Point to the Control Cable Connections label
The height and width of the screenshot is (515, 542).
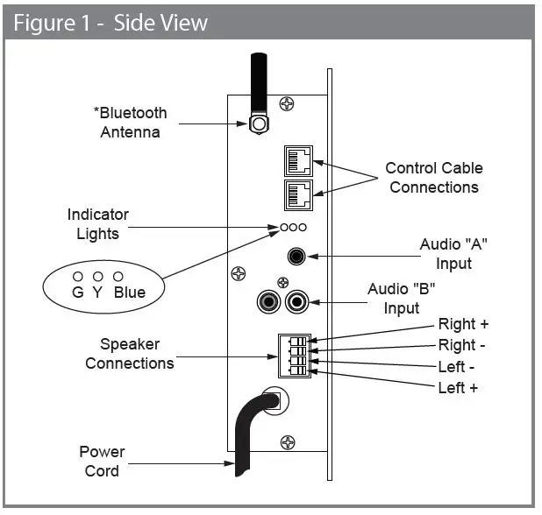tap(434, 178)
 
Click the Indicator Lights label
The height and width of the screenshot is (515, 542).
tap(97, 224)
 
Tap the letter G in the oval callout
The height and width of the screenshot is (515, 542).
tap(78, 293)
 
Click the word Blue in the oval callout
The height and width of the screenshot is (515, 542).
tap(129, 293)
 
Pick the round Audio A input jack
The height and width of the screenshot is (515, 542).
tap(298, 256)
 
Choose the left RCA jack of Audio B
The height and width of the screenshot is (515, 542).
tap(267, 303)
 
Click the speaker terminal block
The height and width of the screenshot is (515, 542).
tap(295, 355)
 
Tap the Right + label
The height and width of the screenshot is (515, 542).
tap(464, 325)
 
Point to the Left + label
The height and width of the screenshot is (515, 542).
tap(458, 388)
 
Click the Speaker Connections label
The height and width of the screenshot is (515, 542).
tap(129, 354)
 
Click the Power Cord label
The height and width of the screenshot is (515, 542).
tap(103, 461)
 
